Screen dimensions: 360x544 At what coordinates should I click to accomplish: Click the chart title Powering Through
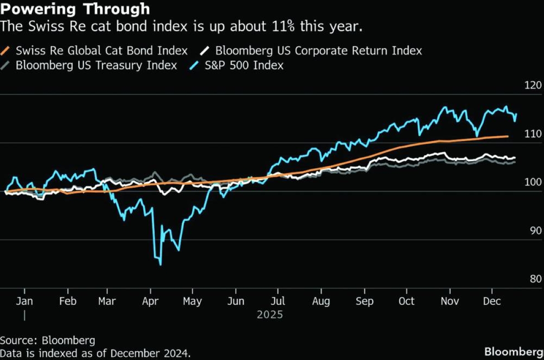(75, 9)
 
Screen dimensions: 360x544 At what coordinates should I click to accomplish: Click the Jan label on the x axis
(24, 302)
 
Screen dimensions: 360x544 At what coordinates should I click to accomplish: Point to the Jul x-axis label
(278, 302)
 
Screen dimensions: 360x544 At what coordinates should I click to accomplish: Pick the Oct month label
(407, 302)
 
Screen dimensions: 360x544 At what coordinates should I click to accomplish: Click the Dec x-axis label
(491, 302)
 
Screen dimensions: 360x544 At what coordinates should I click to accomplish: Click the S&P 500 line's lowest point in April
(161, 264)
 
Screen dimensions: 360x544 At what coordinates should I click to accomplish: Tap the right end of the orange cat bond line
(508, 136)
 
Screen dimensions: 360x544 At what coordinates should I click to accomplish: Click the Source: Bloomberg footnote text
(48, 341)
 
